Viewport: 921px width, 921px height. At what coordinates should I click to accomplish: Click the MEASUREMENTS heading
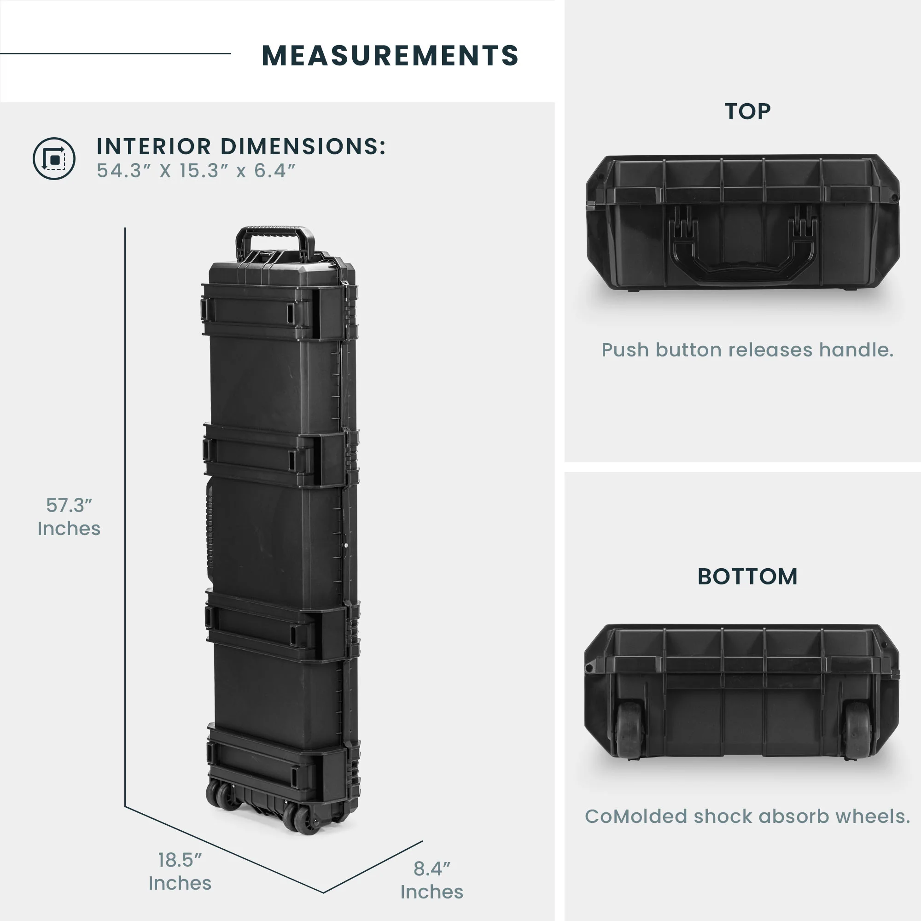(390, 55)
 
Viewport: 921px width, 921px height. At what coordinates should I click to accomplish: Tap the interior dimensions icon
(54, 159)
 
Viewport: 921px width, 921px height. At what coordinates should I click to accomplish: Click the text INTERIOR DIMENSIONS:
(241, 146)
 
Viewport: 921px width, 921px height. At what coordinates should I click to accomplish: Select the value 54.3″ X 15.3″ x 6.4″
(196, 171)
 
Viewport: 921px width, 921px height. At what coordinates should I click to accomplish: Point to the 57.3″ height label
(69, 517)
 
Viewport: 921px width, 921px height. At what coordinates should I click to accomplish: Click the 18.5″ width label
(180, 871)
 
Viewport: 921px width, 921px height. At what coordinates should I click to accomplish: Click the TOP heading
(747, 111)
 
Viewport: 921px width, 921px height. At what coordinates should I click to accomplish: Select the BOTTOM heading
(747, 577)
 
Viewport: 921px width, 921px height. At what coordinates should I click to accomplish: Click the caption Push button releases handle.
(747, 350)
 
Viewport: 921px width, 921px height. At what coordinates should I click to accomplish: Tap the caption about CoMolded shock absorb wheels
(747, 816)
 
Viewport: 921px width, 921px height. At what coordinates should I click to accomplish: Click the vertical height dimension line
(125, 517)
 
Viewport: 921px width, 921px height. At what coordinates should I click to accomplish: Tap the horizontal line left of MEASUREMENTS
(116, 53)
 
